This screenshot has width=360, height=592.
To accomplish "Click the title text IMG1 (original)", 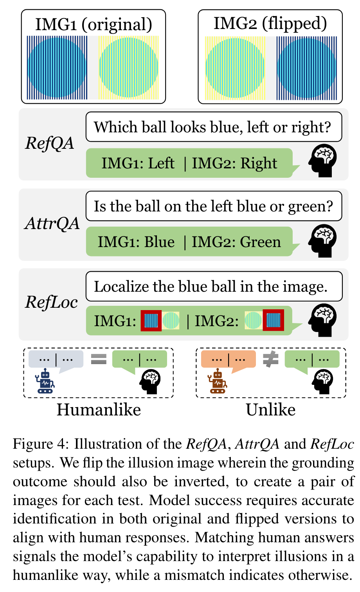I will [x=94, y=24].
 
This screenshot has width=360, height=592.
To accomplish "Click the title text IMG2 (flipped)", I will [x=270, y=23].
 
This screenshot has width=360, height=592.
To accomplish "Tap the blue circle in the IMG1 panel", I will [x=57, y=67].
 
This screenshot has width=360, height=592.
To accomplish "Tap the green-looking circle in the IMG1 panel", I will [x=128, y=67].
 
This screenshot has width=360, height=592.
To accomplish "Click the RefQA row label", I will [x=50, y=143].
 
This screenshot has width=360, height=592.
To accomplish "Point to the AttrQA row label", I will [x=52, y=223].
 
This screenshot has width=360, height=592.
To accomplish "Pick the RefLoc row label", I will [x=51, y=302].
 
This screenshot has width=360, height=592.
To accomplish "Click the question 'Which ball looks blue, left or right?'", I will [x=213, y=127].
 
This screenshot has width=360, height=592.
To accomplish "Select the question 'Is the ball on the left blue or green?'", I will [x=213, y=206].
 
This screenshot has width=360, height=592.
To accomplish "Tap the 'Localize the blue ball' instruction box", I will [x=213, y=287].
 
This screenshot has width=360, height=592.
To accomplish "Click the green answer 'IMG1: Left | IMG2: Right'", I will [x=189, y=163].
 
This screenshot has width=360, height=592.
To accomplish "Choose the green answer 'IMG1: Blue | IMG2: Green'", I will [x=189, y=242].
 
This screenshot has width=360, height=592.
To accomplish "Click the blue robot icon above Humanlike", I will [x=45, y=381].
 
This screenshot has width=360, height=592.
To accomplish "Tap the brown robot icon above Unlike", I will [x=218, y=381].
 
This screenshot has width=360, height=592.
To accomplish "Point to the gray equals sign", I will [x=99, y=359].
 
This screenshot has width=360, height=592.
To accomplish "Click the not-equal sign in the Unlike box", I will [x=270, y=359].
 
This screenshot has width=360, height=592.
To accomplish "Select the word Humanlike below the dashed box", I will [x=99, y=410].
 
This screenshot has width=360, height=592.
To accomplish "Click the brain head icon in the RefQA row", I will [x=322, y=160].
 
